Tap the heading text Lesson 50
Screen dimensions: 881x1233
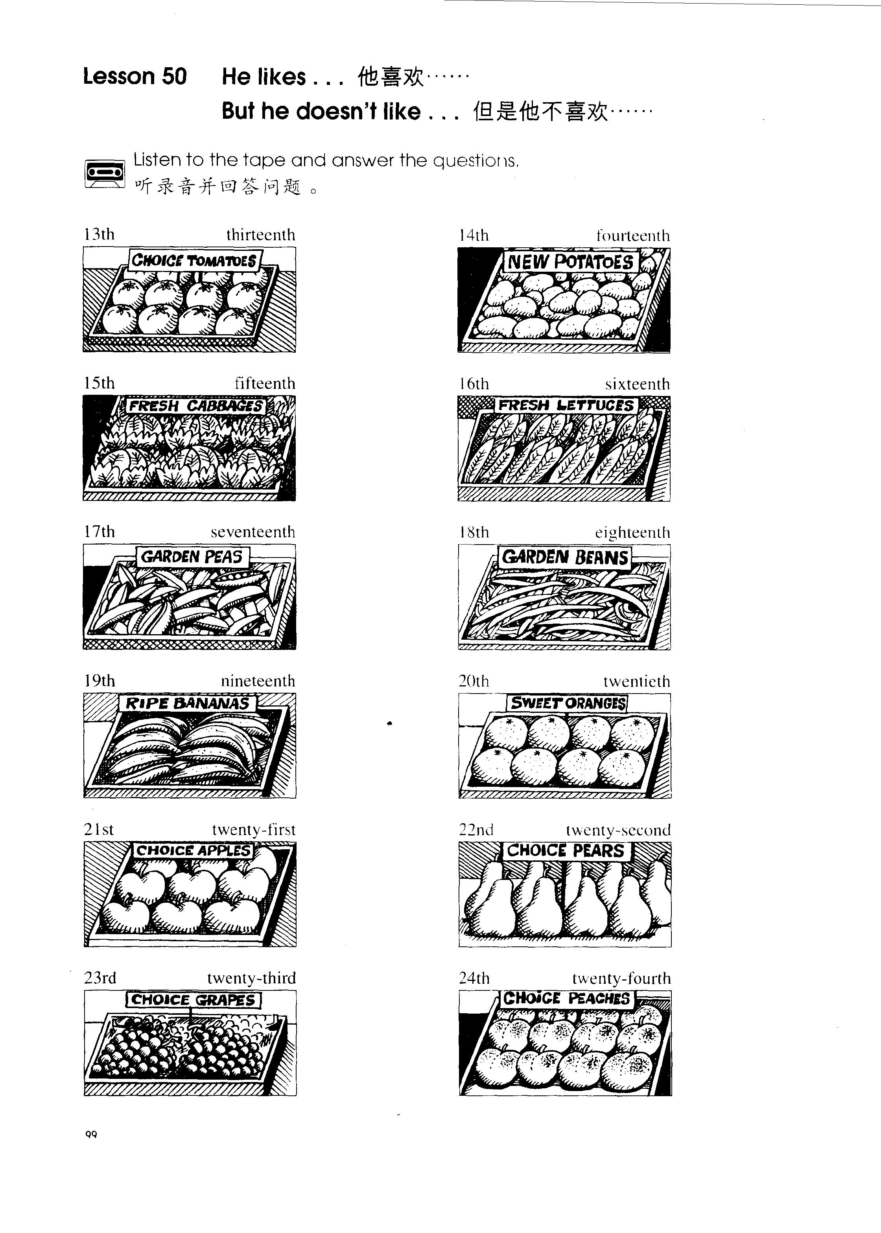(135, 76)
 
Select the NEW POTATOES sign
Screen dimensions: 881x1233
(571, 262)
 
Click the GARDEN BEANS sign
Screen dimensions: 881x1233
(565, 558)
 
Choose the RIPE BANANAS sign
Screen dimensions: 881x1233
(188, 704)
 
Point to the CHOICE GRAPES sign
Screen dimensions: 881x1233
(194, 1000)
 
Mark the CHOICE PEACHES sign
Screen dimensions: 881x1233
(567, 998)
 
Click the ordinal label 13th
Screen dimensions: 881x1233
(99, 234)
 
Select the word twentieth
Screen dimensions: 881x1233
(637, 681)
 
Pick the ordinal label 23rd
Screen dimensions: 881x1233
(100, 978)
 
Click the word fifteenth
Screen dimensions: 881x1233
(265, 383)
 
